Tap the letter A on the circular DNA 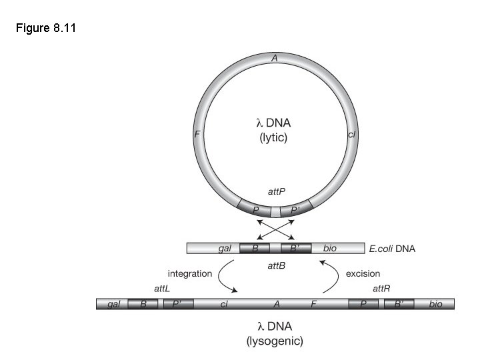tap(274, 59)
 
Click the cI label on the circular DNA tap(352, 135)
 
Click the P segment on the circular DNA tap(256, 210)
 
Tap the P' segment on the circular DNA tap(295, 210)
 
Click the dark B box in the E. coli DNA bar tap(254, 249)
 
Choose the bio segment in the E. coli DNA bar tap(329, 249)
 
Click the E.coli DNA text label tap(392, 249)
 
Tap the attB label tap(276, 265)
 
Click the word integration tap(190, 273)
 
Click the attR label tap(381, 289)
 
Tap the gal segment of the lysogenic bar tap(112, 305)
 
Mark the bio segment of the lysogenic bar tap(435, 305)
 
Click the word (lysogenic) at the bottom tap(275, 341)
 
